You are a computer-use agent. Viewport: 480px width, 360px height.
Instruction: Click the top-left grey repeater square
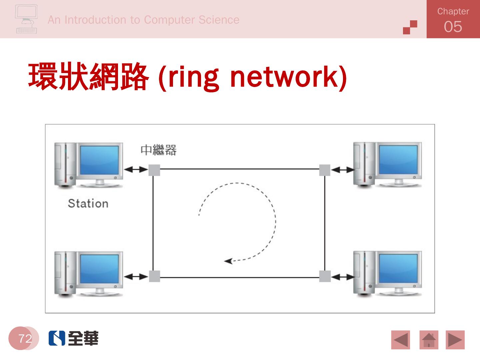coord(154,170)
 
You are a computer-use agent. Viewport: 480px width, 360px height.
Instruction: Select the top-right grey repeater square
coord(325,170)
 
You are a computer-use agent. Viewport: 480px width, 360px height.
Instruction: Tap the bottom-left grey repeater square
coord(154,276)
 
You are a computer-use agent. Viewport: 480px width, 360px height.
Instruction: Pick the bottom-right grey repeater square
coord(325,276)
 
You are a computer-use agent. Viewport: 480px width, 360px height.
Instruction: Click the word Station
coord(88,203)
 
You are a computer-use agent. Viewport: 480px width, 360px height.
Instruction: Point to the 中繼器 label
coord(158,150)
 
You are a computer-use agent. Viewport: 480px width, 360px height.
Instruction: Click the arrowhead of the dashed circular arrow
coord(228,261)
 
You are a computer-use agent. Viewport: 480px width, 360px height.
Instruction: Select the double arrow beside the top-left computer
coord(136,170)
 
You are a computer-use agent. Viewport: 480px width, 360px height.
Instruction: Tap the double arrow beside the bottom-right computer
coord(343,277)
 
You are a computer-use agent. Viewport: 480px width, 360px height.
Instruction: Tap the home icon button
coord(429,340)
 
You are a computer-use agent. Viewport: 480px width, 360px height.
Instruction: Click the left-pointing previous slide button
coord(401,340)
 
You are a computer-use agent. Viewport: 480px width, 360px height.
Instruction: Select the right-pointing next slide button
coord(455,340)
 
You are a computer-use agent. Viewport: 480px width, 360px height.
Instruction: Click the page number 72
coord(25,339)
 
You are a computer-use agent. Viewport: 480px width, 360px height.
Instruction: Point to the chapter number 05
coord(453,27)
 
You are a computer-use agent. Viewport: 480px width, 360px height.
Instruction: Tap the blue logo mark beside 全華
coord(57,338)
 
